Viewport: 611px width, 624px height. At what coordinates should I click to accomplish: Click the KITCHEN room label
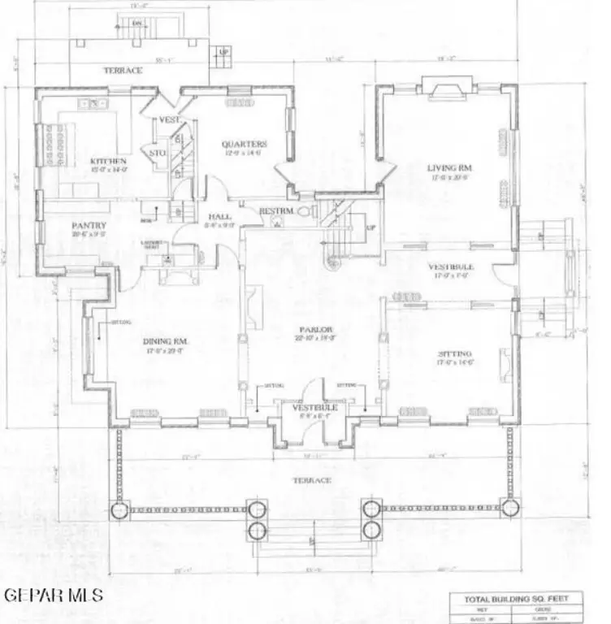click(107, 161)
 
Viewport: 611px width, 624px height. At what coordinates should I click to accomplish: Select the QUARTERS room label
click(245, 145)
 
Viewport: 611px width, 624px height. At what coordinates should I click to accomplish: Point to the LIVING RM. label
click(449, 168)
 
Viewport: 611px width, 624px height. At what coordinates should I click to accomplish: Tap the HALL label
click(220, 217)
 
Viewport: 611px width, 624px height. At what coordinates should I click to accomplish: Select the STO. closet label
click(158, 152)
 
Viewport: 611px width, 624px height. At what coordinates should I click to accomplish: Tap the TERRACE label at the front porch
click(312, 480)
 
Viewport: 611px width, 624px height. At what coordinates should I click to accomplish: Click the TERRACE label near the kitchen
click(123, 71)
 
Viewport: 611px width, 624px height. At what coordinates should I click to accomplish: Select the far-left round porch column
click(119, 510)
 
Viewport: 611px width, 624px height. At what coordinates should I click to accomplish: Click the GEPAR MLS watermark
click(54, 595)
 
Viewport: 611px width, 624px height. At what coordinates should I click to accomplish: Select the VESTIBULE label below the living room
click(452, 266)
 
